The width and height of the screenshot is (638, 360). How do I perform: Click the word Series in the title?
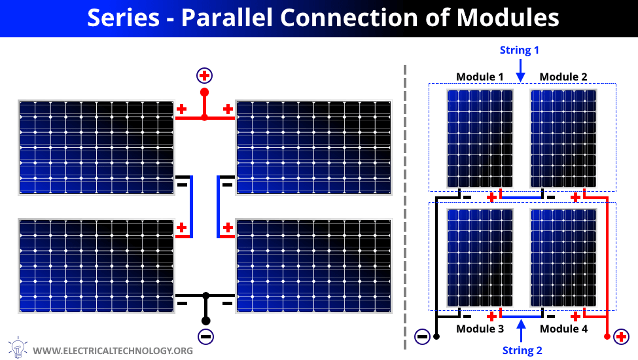[123, 18]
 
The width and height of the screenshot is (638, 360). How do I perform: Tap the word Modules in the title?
[508, 18]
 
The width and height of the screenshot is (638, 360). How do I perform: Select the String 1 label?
[519, 50]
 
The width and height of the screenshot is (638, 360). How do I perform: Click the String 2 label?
[522, 350]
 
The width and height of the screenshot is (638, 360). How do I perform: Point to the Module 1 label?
[480, 77]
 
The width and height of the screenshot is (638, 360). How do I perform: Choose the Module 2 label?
[563, 77]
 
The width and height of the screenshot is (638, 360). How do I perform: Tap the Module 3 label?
[480, 329]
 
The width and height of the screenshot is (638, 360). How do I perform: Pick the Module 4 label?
[563, 329]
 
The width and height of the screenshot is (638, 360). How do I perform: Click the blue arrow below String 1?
[520, 71]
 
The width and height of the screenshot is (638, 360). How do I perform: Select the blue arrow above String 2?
[522, 331]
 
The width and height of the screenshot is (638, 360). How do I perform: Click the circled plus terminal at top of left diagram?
[204, 76]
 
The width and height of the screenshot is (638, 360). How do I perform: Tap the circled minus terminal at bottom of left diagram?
[205, 336]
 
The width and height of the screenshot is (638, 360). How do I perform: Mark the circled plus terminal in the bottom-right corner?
[621, 336]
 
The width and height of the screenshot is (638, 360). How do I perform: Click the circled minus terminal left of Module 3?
[422, 336]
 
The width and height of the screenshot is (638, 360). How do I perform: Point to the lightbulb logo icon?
[18, 347]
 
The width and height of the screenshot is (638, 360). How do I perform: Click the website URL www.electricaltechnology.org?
[113, 351]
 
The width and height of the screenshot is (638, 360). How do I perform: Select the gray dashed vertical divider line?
[405, 207]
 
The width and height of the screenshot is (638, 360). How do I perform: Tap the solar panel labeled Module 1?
[480, 138]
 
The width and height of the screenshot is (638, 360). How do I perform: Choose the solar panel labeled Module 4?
[563, 258]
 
